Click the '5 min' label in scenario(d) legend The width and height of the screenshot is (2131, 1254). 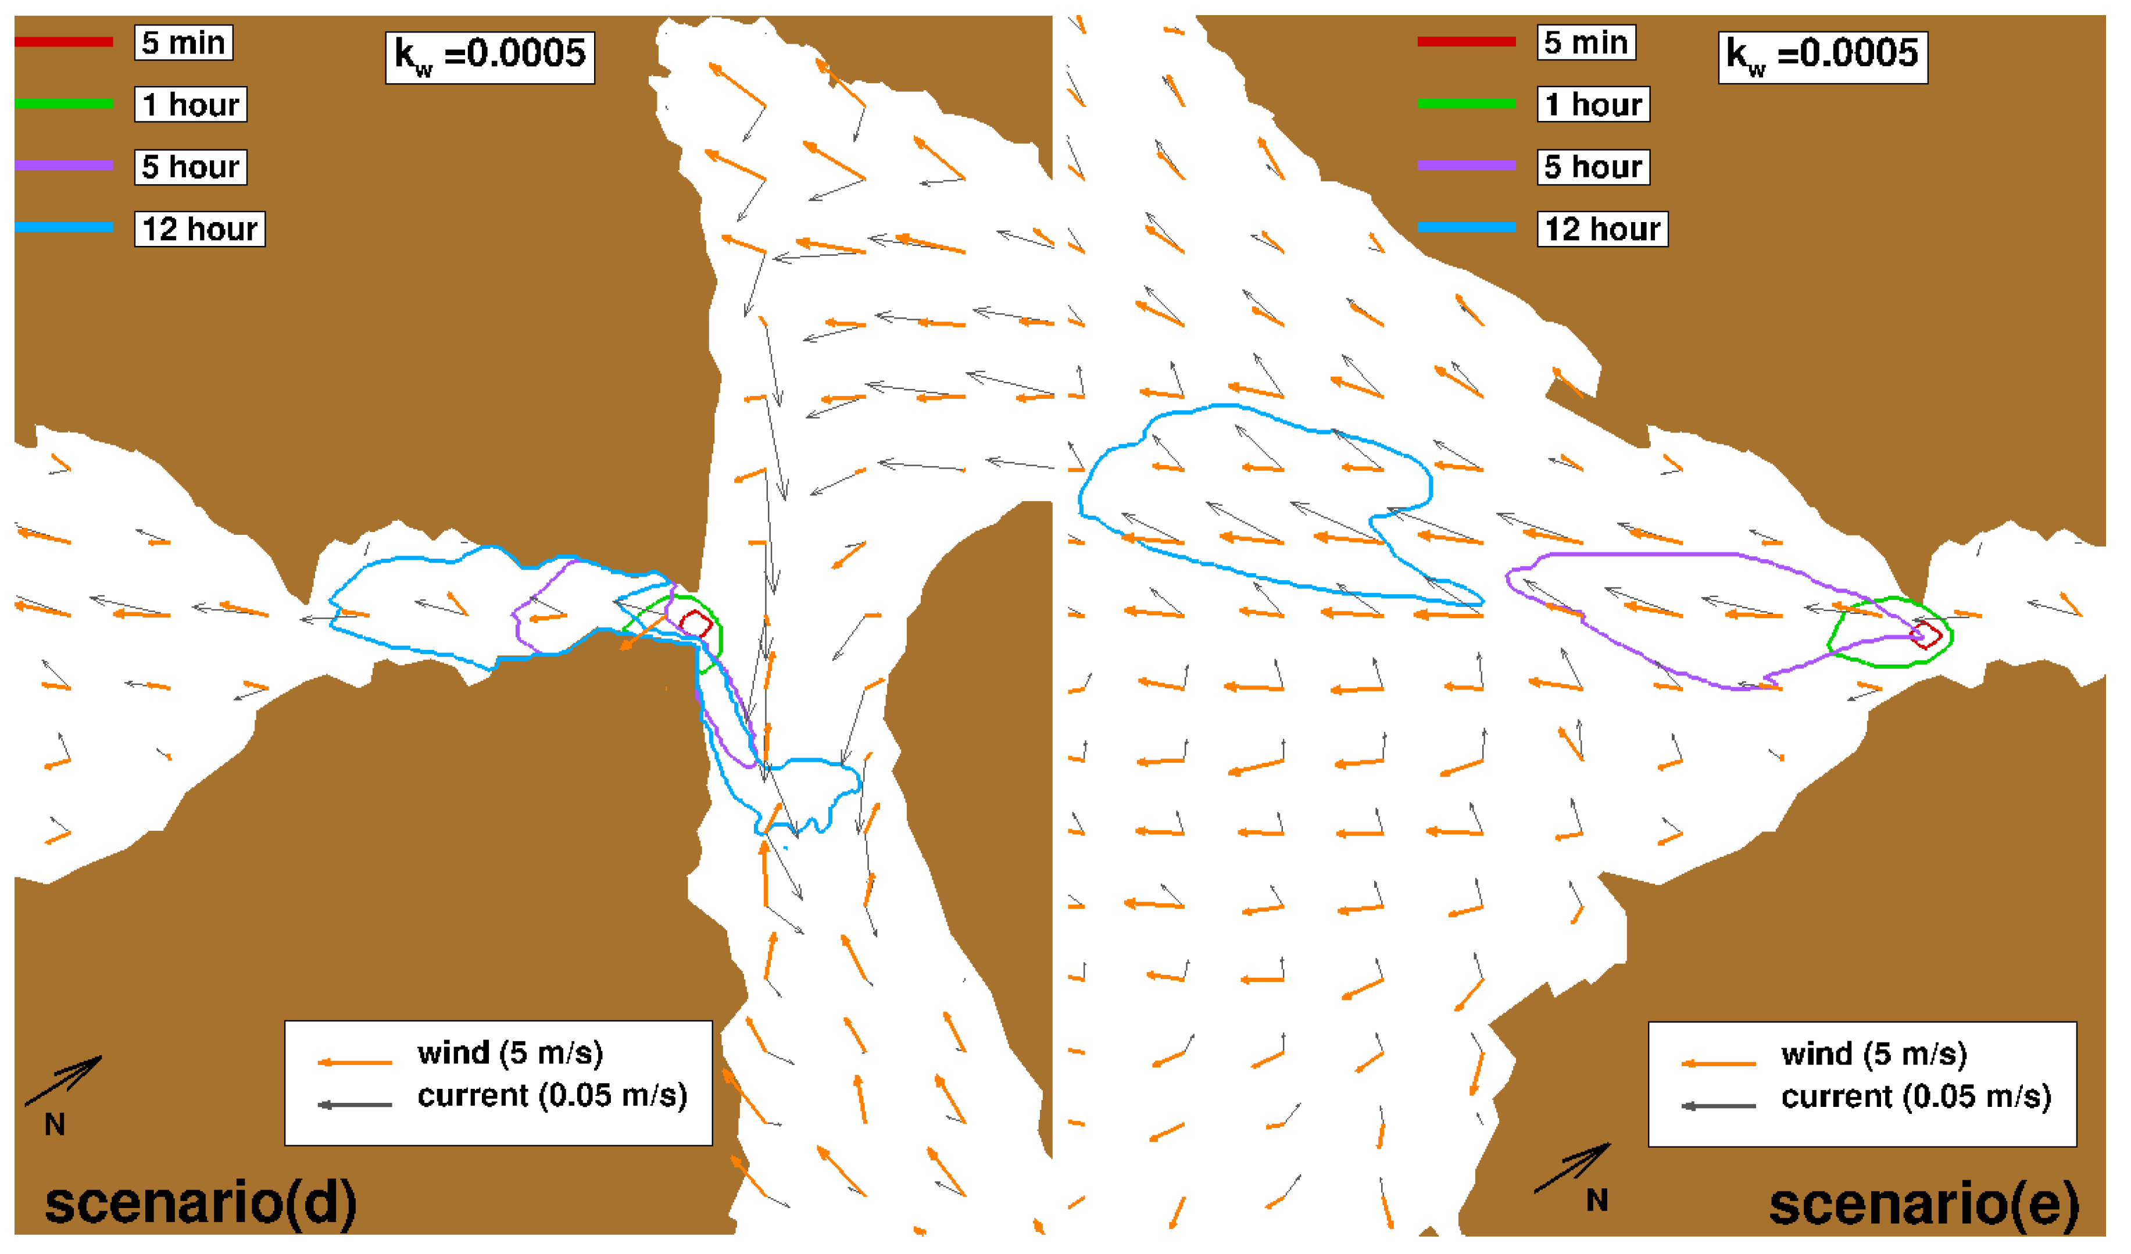(x=184, y=42)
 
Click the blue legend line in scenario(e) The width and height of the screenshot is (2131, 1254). (x=1467, y=227)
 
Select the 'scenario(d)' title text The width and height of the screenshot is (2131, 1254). (x=201, y=1203)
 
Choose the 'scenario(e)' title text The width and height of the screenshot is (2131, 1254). (x=1924, y=1203)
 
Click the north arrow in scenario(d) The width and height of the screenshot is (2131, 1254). (x=63, y=1081)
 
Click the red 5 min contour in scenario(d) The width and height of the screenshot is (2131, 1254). (x=695, y=624)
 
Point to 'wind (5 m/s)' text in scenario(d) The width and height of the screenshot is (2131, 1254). (x=510, y=1053)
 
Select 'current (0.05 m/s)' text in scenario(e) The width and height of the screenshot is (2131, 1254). (x=1915, y=1096)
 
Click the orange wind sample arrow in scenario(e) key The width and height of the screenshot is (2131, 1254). (x=1718, y=1063)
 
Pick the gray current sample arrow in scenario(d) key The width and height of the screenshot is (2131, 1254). (x=355, y=1105)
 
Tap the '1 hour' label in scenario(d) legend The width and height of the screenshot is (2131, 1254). (x=190, y=105)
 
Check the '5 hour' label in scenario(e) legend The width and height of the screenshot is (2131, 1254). (x=1592, y=167)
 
